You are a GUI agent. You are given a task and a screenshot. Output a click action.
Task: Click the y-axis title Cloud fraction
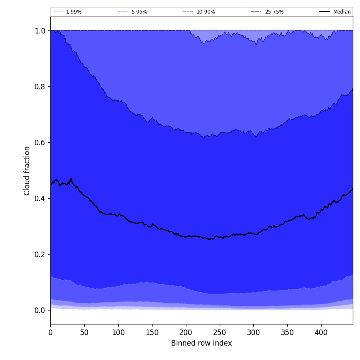coord(27,171)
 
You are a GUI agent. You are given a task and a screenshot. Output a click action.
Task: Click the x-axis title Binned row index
coord(202,343)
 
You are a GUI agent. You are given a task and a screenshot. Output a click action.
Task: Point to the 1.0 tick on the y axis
coord(40,31)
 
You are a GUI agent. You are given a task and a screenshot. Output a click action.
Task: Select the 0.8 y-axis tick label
coord(40,87)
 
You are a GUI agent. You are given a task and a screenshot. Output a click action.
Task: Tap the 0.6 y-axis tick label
coord(40,143)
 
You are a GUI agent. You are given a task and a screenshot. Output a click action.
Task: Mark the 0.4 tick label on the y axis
coord(40,199)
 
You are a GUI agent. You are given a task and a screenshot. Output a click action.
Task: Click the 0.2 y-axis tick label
coord(40,255)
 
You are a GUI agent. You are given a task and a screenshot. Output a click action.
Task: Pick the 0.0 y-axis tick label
coord(40,310)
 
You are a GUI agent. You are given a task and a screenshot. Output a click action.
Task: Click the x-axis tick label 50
coord(84,333)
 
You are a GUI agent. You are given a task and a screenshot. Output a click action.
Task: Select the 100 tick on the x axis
coord(118,333)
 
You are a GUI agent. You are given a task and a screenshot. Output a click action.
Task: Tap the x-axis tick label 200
coord(186,333)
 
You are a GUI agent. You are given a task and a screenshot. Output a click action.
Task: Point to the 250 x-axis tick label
coord(219,333)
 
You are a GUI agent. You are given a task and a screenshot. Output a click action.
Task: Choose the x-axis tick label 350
coord(287,333)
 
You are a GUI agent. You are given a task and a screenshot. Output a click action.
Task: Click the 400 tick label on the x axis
coord(321,333)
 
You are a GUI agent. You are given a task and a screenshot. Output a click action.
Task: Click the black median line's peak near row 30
coord(71,179)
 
